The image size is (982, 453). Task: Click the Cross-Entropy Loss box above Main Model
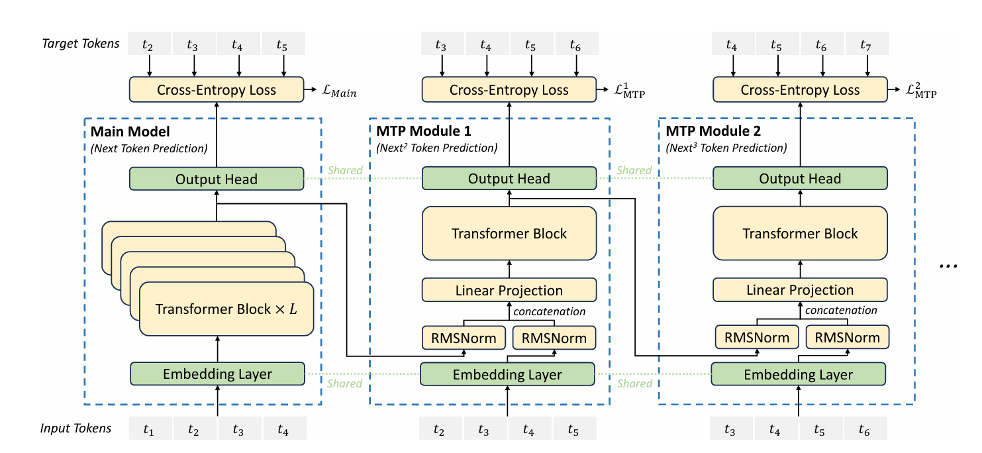(x=216, y=89)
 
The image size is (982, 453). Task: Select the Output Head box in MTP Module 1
(x=509, y=178)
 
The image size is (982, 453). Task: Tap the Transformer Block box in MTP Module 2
(x=800, y=233)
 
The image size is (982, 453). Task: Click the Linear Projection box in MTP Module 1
(x=509, y=290)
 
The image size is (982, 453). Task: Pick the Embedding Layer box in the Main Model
(x=217, y=374)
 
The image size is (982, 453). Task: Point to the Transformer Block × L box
(x=226, y=309)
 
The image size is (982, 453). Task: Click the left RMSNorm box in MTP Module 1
(x=464, y=338)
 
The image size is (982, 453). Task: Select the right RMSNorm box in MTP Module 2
(x=848, y=337)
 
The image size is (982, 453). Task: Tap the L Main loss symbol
(x=339, y=91)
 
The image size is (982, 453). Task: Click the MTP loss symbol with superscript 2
(x=921, y=90)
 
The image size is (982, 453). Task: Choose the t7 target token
(x=867, y=44)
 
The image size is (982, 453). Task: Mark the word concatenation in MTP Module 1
(x=550, y=311)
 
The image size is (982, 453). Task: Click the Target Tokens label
(x=81, y=44)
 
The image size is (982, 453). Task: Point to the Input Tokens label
(x=76, y=428)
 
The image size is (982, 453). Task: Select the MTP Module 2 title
(x=713, y=130)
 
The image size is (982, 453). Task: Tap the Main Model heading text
(x=130, y=132)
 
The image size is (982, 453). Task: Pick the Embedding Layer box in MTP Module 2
(x=799, y=374)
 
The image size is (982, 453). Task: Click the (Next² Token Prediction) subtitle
(x=436, y=148)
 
